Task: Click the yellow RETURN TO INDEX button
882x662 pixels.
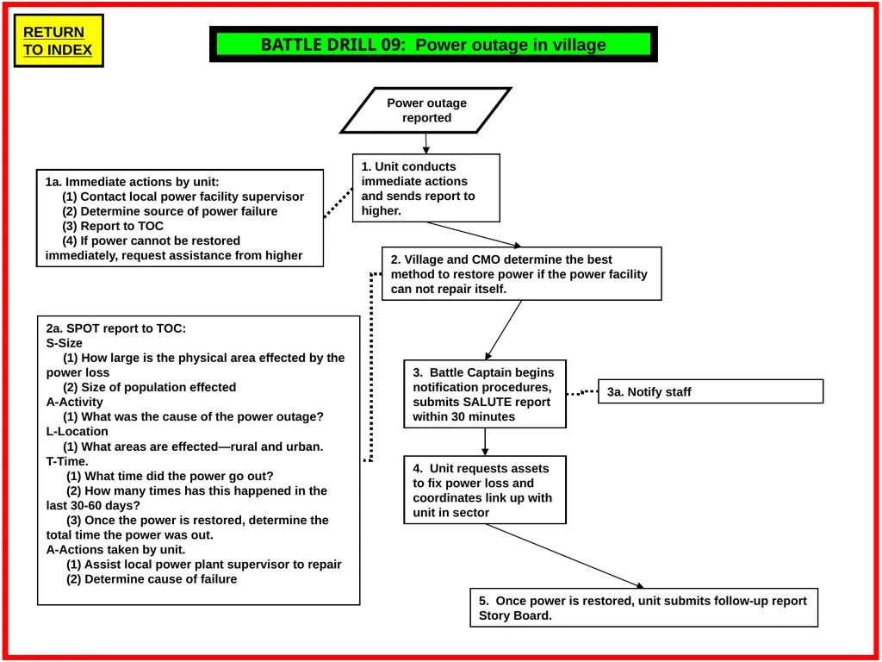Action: tap(59, 41)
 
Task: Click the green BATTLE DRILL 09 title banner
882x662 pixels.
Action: tap(433, 44)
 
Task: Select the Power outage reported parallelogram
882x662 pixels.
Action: tap(425, 110)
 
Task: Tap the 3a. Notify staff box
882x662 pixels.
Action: tap(711, 391)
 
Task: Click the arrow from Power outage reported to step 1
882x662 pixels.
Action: tap(425, 144)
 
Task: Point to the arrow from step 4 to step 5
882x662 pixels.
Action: tap(565, 556)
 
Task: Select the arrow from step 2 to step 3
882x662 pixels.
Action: tap(503, 330)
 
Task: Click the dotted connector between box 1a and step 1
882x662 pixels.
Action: tap(338, 203)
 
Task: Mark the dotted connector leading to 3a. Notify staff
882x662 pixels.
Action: tap(582, 392)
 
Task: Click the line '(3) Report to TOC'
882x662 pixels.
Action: tap(113, 227)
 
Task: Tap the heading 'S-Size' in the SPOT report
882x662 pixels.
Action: tap(64, 343)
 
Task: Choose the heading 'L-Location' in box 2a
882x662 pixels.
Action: tap(77, 432)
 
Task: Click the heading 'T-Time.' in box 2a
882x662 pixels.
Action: tap(67, 462)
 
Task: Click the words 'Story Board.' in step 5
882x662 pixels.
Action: tap(515, 615)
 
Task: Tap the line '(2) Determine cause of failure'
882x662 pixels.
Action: tap(152, 579)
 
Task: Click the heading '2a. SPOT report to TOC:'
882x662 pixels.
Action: tap(116, 328)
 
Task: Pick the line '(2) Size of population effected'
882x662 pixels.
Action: tap(149, 387)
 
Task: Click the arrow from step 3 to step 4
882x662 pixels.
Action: tap(485, 442)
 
